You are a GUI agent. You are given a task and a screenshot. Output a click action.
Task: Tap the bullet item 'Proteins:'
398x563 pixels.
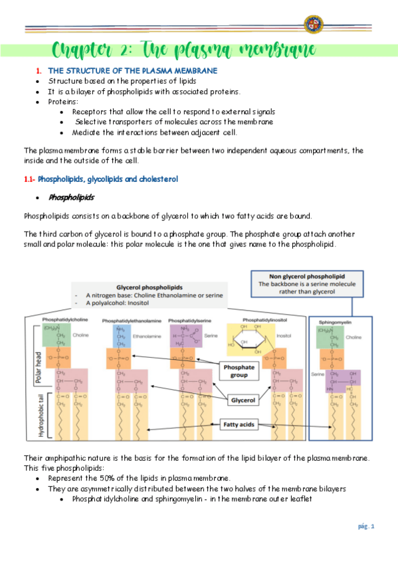63,102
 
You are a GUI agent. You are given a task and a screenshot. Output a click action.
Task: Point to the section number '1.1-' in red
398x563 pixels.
29,179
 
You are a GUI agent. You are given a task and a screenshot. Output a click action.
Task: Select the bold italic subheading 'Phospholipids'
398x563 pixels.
71,197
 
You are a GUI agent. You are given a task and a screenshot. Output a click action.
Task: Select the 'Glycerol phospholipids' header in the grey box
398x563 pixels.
149,286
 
